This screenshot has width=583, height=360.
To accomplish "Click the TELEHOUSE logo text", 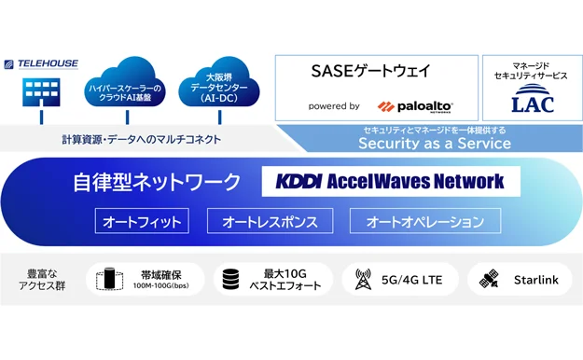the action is (48, 64).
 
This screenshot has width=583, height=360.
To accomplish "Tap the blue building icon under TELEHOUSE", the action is (41, 92).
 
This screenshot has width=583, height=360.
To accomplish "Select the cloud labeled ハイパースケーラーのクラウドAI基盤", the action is (125, 82).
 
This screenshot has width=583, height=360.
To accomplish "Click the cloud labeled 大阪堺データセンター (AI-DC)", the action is (219, 82).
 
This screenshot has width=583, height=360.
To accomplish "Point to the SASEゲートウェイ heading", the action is (370, 71).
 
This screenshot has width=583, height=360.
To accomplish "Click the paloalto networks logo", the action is (415, 106).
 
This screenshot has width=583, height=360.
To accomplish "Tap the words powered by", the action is (334, 106).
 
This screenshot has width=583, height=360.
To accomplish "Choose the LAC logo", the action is (533, 99).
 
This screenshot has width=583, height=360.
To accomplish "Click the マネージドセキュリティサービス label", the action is (531, 71).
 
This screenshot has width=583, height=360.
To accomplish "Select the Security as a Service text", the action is (435, 144).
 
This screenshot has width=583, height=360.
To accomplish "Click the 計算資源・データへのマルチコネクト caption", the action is (141, 140).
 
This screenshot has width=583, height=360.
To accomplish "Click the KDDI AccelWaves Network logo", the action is (390, 182).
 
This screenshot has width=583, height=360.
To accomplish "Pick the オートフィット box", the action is (142, 221).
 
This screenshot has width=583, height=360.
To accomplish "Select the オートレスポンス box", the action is (270, 221).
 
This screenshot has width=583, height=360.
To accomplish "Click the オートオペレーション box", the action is (425, 221).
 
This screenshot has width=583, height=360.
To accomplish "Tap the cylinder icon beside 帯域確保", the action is (109, 279).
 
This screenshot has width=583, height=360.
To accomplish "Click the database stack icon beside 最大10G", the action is (230, 279).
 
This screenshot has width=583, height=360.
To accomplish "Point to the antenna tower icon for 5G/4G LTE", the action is (363, 279).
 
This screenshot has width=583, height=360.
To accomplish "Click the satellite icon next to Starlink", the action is (490, 279).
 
